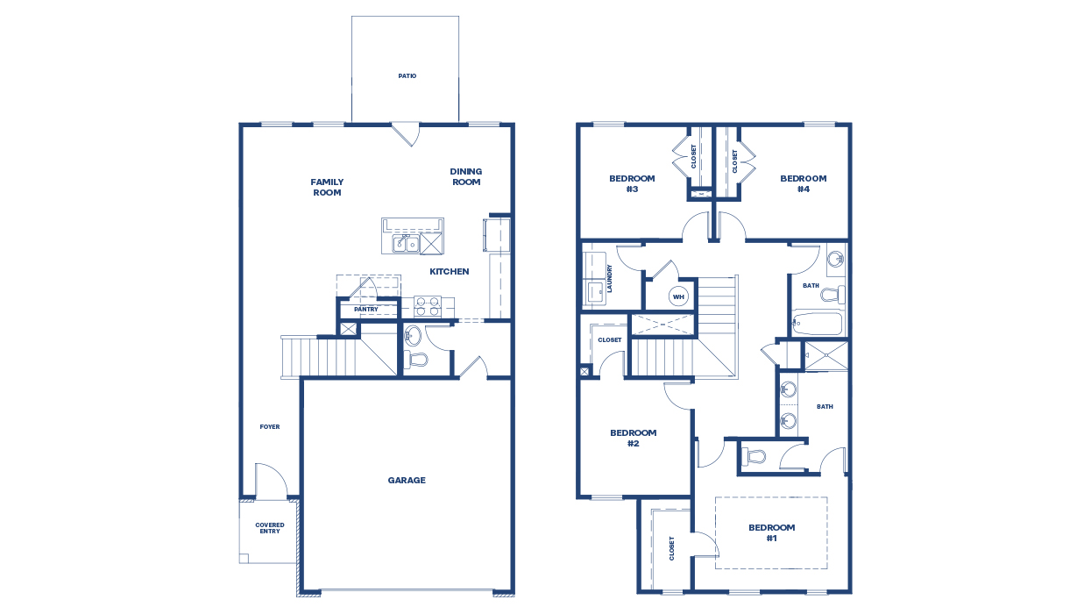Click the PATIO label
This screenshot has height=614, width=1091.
coord(407,76)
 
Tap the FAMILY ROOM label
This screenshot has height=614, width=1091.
coord(327,188)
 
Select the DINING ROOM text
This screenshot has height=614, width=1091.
coord(466,177)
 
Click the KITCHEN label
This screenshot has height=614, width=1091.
coord(449,272)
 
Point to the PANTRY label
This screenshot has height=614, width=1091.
coord(365,310)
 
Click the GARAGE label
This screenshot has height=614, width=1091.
coord(407,481)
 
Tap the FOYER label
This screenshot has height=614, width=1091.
coord(270,427)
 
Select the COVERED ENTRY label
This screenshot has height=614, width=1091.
coord(270,529)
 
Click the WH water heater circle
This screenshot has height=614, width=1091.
coord(678,296)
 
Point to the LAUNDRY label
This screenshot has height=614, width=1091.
coord(609,279)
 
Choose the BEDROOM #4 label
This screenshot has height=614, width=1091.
coord(804,183)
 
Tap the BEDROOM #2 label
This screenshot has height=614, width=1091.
coord(633,438)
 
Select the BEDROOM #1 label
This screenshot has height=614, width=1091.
coord(771,532)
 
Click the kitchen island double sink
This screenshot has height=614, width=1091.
coord(404,244)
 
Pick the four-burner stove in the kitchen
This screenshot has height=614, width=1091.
coord(427,306)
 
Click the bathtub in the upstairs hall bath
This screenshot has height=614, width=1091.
coord(818,325)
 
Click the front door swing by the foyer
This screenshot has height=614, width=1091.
coord(271,481)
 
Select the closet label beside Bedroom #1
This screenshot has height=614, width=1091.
coord(672,548)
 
